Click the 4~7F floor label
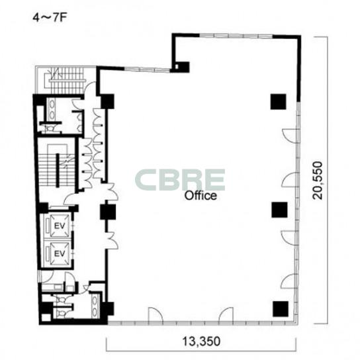click(x=50, y=18)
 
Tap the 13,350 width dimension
click(x=201, y=341)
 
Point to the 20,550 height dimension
click(x=318, y=180)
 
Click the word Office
click(x=201, y=196)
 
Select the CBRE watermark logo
click(x=180, y=180)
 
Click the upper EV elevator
click(x=60, y=226)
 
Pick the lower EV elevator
click(x=60, y=253)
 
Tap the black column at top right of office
click(x=278, y=101)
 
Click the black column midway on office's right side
click(x=279, y=210)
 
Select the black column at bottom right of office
click(x=281, y=309)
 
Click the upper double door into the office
click(x=112, y=191)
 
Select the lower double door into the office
click(x=112, y=241)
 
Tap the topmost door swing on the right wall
click(x=289, y=136)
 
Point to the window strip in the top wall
click(x=236, y=36)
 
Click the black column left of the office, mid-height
click(x=107, y=212)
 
